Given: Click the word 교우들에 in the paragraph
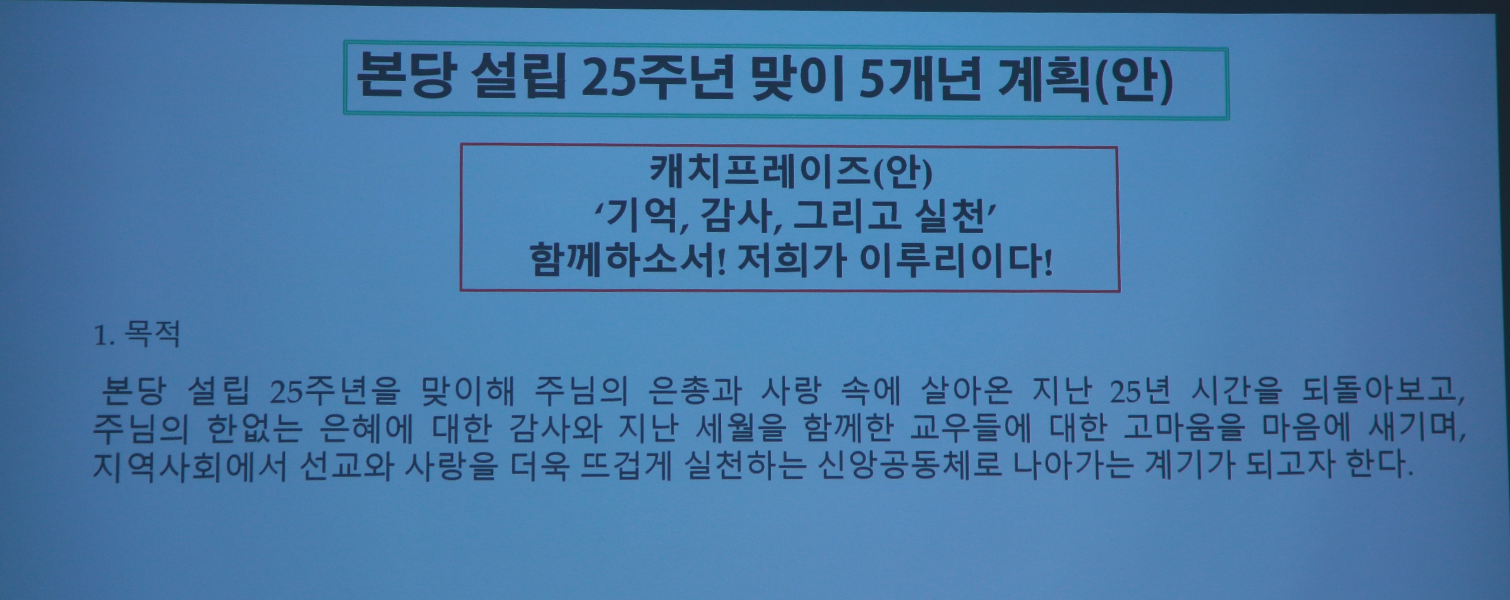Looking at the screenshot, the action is coord(970,428).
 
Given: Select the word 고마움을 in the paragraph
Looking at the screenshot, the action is coord(1184,428).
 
